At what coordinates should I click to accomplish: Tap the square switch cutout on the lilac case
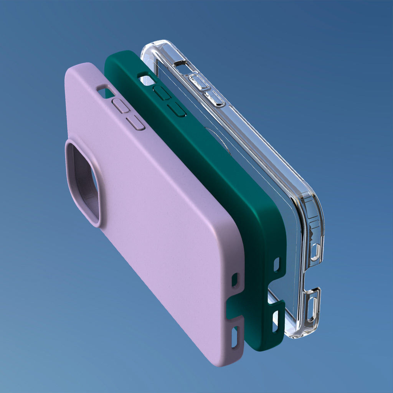pos(103,91)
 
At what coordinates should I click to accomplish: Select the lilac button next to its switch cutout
pos(121,106)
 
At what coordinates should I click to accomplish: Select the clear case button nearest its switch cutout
pos(198,82)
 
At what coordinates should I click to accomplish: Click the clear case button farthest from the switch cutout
pos(214,98)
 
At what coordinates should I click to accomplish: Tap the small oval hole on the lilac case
pos(234,281)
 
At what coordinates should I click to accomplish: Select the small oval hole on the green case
pos(277,265)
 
